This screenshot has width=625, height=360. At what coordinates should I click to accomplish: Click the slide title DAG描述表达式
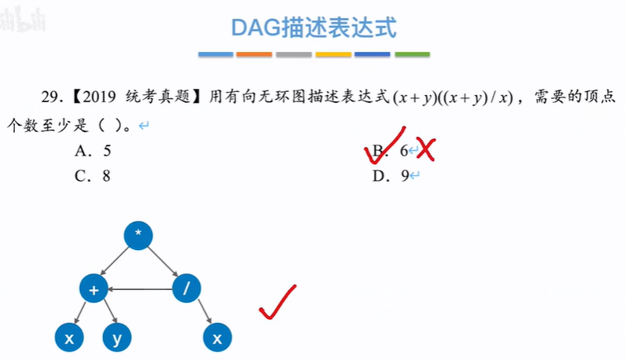[314, 28]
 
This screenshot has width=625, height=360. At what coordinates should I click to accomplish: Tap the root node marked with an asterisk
[138, 235]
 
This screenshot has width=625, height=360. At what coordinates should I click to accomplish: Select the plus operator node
[94, 289]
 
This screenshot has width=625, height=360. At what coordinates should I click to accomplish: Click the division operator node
[186, 289]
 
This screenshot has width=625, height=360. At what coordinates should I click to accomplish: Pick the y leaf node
[117, 338]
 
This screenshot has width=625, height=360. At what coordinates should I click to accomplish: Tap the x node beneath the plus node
[69, 338]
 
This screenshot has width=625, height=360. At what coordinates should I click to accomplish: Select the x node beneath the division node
[217, 338]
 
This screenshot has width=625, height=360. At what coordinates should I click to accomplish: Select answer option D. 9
[392, 176]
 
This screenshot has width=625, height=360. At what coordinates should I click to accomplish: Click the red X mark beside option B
[426, 149]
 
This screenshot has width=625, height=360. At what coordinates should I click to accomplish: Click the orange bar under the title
[255, 55]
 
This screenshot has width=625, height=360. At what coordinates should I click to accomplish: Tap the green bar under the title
[412, 55]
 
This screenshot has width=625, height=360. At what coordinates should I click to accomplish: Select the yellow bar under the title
[333, 55]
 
